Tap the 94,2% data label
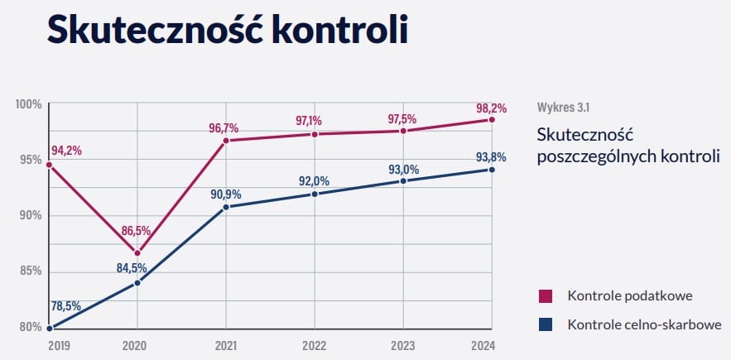pyautogui.click(x=66, y=151)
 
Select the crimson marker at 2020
pyautogui.click(x=137, y=253)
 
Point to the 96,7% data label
pyautogui.click(x=224, y=127)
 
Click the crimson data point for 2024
pyautogui.click(x=492, y=120)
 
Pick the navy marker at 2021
pyautogui.click(x=226, y=207)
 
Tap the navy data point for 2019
pyautogui.click(x=49, y=328)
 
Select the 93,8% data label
pyautogui.click(x=491, y=157)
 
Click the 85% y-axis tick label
pyautogui.click(x=31, y=271)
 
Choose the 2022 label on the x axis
pyautogui.click(x=315, y=345)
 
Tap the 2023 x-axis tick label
pyautogui.click(x=403, y=345)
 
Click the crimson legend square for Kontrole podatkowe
pyautogui.click(x=546, y=296)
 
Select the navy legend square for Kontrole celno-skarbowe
pyautogui.click(x=546, y=324)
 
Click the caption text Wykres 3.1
pyautogui.click(x=563, y=107)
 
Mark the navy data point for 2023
pyautogui.click(x=403, y=180)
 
